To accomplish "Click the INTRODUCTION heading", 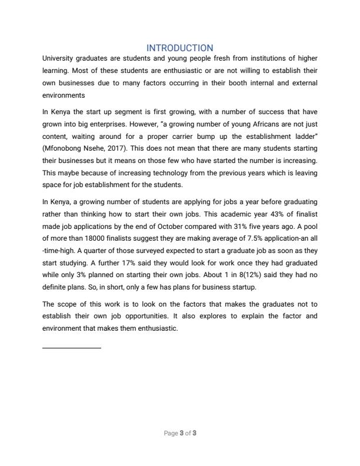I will (180, 48).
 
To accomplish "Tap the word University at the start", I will (59, 59).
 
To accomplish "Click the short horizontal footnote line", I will (72, 348).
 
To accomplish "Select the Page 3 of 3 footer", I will (180, 434).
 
